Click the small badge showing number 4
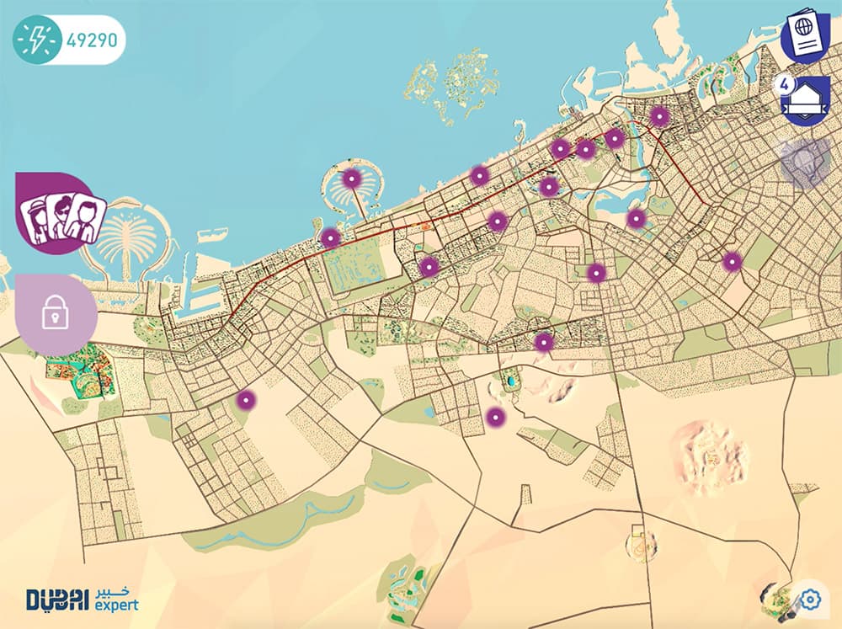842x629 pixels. (785, 85)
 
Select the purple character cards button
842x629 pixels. (61, 214)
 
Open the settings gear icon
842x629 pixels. (811, 600)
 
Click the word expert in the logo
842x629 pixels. (116, 605)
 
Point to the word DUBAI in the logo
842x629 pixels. (56, 600)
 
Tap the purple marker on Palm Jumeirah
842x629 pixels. (351, 179)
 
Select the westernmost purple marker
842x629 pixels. (245, 400)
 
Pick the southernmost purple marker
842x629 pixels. (495, 416)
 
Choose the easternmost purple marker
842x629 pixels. (732, 262)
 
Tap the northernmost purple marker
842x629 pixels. (660, 117)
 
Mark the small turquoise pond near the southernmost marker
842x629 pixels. (510, 381)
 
